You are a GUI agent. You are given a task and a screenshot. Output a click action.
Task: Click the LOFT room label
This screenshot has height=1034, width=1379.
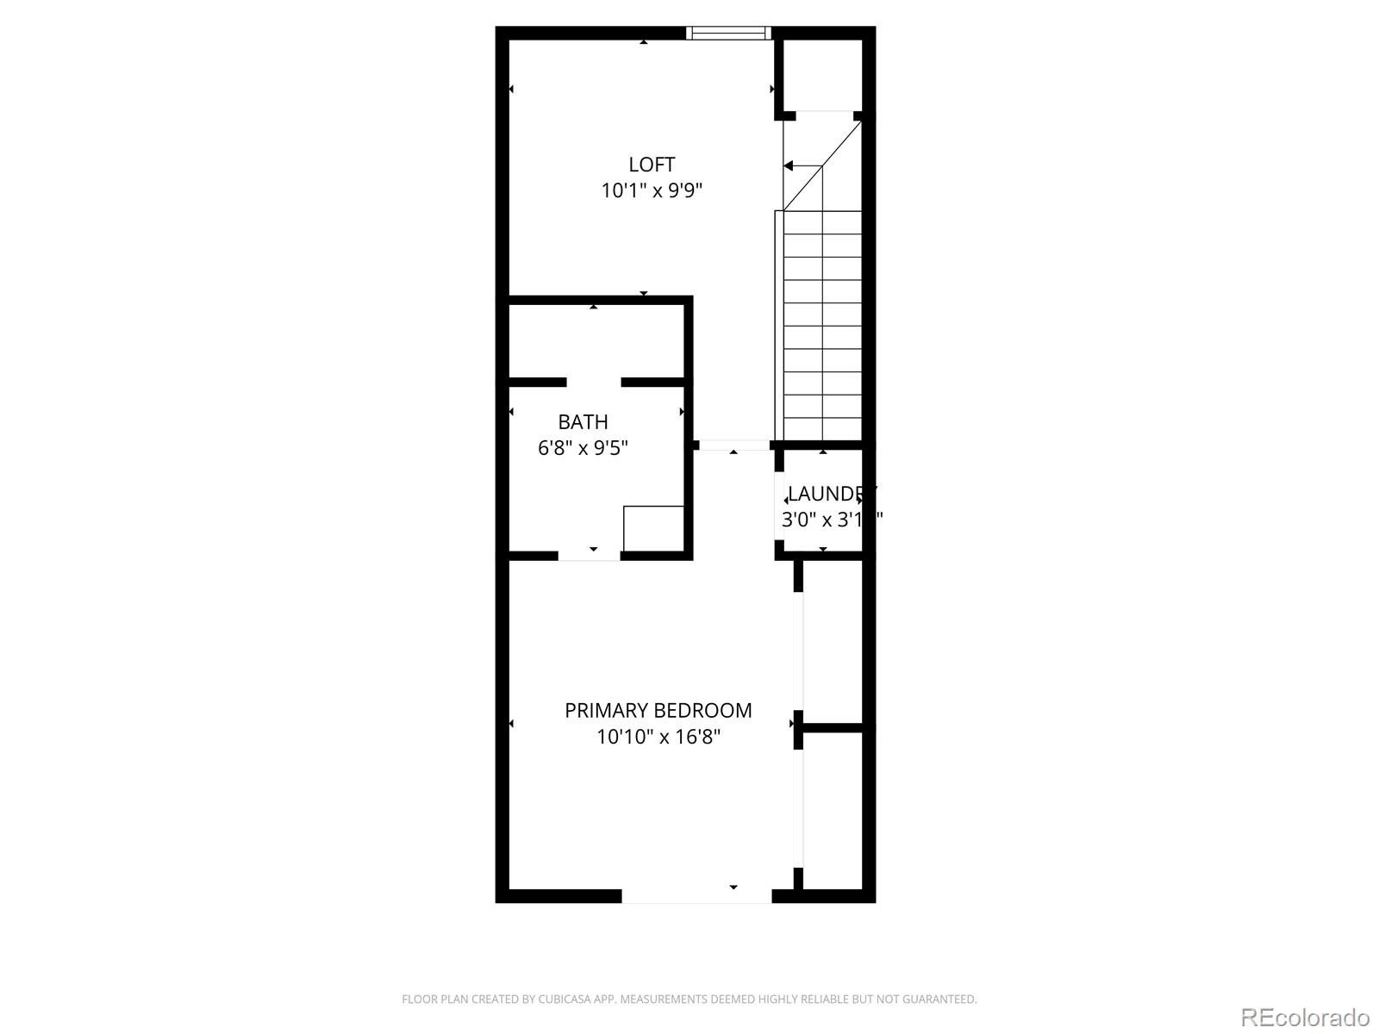pyautogui.click(x=652, y=165)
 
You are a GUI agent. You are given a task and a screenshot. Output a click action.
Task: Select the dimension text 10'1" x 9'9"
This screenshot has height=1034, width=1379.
pyautogui.click(x=652, y=190)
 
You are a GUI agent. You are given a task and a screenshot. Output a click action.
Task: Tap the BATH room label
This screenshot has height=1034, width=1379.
pyautogui.click(x=583, y=422)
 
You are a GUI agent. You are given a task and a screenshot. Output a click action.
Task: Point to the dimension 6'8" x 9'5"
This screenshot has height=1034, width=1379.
pyautogui.click(x=583, y=448)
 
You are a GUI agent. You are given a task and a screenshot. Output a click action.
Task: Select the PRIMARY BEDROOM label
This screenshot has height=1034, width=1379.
pyautogui.click(x=658, y=711)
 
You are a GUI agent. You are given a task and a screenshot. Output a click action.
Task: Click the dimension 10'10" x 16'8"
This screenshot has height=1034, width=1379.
pyautogui.click(x=658, y=737)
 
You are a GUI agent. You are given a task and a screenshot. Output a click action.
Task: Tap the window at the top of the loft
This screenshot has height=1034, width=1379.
pyautogui.click(x=728, y=34)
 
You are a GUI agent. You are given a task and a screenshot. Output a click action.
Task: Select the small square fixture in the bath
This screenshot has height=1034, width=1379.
pyautogui.click(x=653, y=528)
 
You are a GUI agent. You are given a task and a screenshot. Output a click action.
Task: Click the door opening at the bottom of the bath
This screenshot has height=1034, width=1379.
pyautogui.click(x=590, y=556)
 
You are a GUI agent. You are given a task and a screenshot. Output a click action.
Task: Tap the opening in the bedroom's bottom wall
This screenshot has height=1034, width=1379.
pyautogui.click(x=696, y=896)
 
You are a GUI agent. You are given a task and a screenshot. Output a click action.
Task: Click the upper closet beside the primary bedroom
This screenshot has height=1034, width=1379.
pyautogui.click(x=833, y=642)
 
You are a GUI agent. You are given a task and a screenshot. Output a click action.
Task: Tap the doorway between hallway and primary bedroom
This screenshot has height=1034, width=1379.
pyautogui.click(x=733, y=445)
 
